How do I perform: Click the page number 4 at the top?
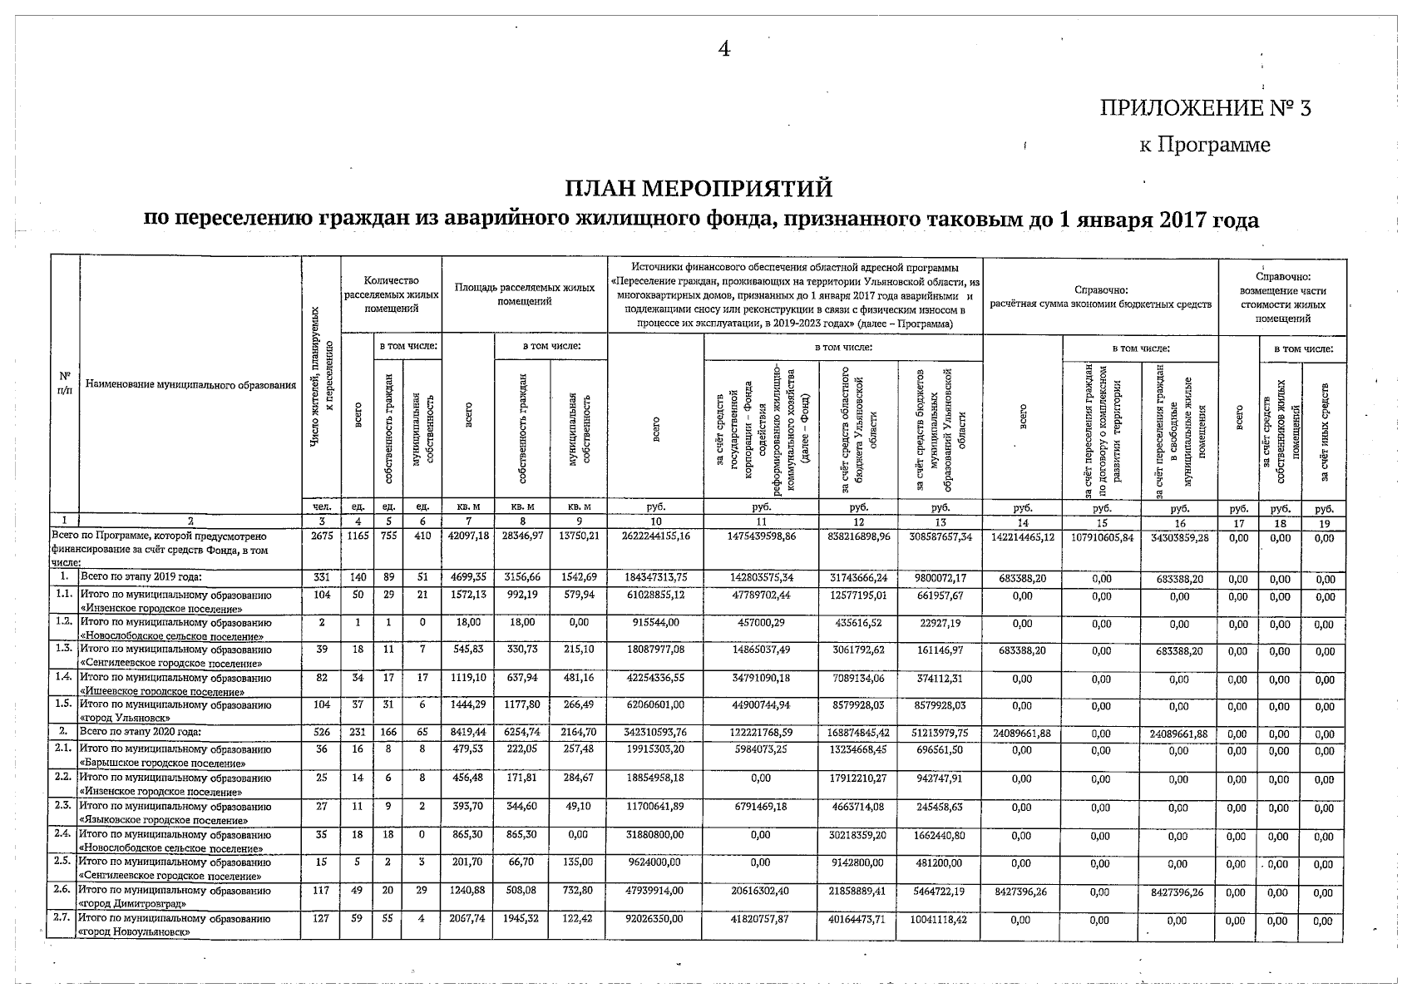click(723, 49)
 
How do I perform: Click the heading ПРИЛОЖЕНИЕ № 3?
click(1205, 108)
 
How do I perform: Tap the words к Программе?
click(1204, 145)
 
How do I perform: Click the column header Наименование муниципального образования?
click(190, 385)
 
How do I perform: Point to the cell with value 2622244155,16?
click(655, 537)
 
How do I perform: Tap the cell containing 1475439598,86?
click(761, 537)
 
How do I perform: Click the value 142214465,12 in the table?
click(1023, 537)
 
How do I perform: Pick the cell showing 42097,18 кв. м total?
click(468, 536)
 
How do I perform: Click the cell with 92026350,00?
click(655, 919)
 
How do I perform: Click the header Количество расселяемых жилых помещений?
click(391, 294)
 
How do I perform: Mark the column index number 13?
click(940, 523)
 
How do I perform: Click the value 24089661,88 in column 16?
click(1178, 734)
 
